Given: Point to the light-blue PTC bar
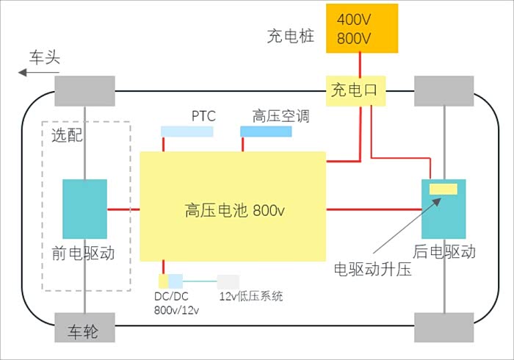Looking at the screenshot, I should (x=187, y=132).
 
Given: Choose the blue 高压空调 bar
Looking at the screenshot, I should (x=265, y=132).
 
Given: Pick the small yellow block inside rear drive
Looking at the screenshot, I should (x=444, y=189).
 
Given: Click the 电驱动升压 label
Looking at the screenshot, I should (x=372, y=269).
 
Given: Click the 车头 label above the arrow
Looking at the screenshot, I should (x=44, y=57).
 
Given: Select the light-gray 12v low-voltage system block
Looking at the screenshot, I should (x=228, y=281).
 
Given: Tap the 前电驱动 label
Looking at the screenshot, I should (x=84, y=252).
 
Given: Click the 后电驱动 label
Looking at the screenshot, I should (x=444, y=252).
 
